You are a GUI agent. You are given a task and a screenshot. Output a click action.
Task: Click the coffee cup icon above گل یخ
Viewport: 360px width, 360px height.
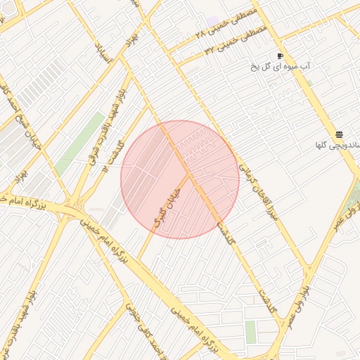click(x=280, y=56)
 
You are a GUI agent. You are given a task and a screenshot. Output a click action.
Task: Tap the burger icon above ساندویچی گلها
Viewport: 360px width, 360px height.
click(x=339, y=134)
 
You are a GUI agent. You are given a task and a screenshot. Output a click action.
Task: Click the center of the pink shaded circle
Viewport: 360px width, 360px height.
click(x=180, y=180)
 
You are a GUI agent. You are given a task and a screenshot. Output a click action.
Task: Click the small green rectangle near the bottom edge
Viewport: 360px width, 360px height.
click(x=251, y=332)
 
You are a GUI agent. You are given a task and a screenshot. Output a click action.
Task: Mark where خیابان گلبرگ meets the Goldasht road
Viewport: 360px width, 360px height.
click(x=190, y=175)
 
